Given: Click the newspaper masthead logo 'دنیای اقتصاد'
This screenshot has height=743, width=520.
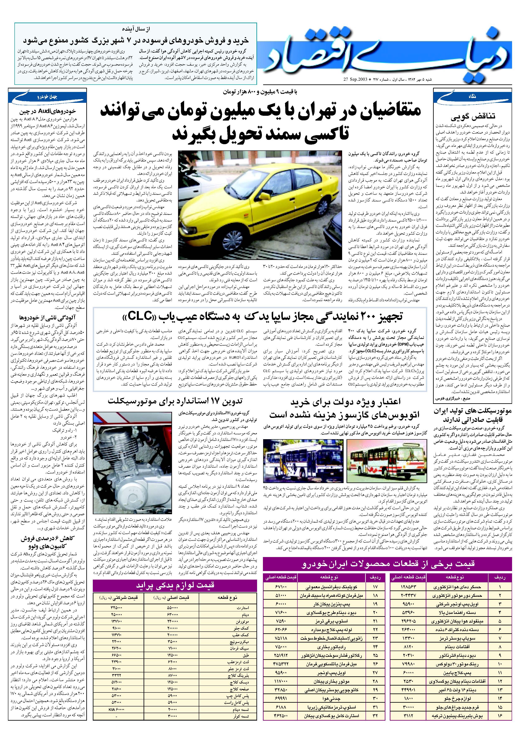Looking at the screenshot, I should pos(387,52).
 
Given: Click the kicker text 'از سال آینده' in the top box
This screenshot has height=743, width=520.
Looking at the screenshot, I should pos(138,29).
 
